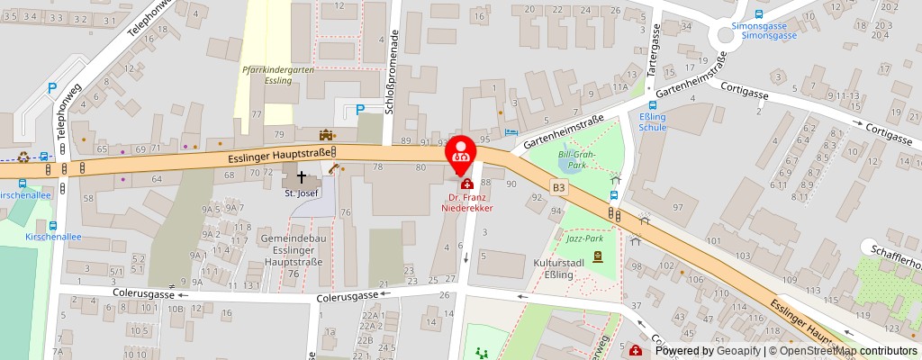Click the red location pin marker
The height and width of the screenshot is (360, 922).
(461, 150)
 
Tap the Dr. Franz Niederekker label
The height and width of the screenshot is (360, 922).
(467, 202)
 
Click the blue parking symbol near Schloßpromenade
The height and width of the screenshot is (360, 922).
(360, 110)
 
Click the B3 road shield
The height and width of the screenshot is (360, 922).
(560, 187)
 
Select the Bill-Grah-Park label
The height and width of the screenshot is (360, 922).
(573, 160)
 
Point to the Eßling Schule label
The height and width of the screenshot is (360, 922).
(653, 122)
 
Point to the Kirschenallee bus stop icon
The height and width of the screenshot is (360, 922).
(53, 227)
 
